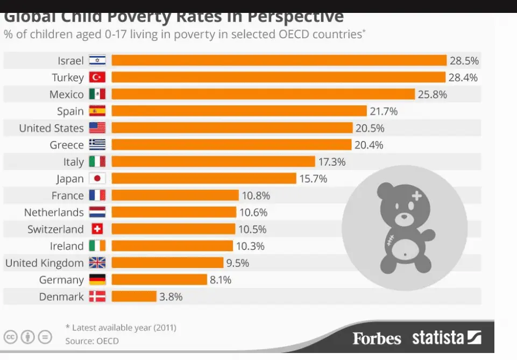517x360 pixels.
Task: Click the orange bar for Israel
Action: pyautogui.click(x=279, y=60)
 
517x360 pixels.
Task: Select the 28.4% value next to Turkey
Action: pyautogui.click(x=463, y=77)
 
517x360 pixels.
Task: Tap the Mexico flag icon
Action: pyautogui.click(x=97, y=94)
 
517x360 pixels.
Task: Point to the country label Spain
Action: pyautogui.click(x=70, y=111)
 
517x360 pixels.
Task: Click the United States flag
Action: pyautogui.click(x=97, y=128)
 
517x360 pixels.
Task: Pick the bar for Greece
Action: pyautogui.click(x=231, y=145)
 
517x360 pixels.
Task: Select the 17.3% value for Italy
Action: pyautogui.click(x=331, y=161)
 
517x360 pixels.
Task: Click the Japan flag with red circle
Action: pyautogui.click(x=97, y=179)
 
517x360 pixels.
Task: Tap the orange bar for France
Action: pyautogui.click(x=175, y=195)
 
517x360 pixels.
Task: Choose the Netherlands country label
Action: pyautogui.click(x=54, y=213)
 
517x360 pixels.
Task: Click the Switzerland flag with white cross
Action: pyautogui.click(x=97, y=229)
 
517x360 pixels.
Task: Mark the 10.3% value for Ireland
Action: pyautogui.click(x=250, y=246)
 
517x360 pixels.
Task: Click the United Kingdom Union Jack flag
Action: pyautogui.click(x=97, y=263)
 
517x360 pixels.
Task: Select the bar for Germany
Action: pyautogui.click(x=159, y=280)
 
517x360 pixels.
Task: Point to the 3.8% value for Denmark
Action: pyautogui.click(x=171, y=297)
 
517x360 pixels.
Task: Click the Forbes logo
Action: pyautogui.click(x=377, y=338)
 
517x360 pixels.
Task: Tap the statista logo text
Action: pyautogui.click(x=438, y=338)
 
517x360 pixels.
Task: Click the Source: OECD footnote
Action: pyautogui.click(x=92, y=341)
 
